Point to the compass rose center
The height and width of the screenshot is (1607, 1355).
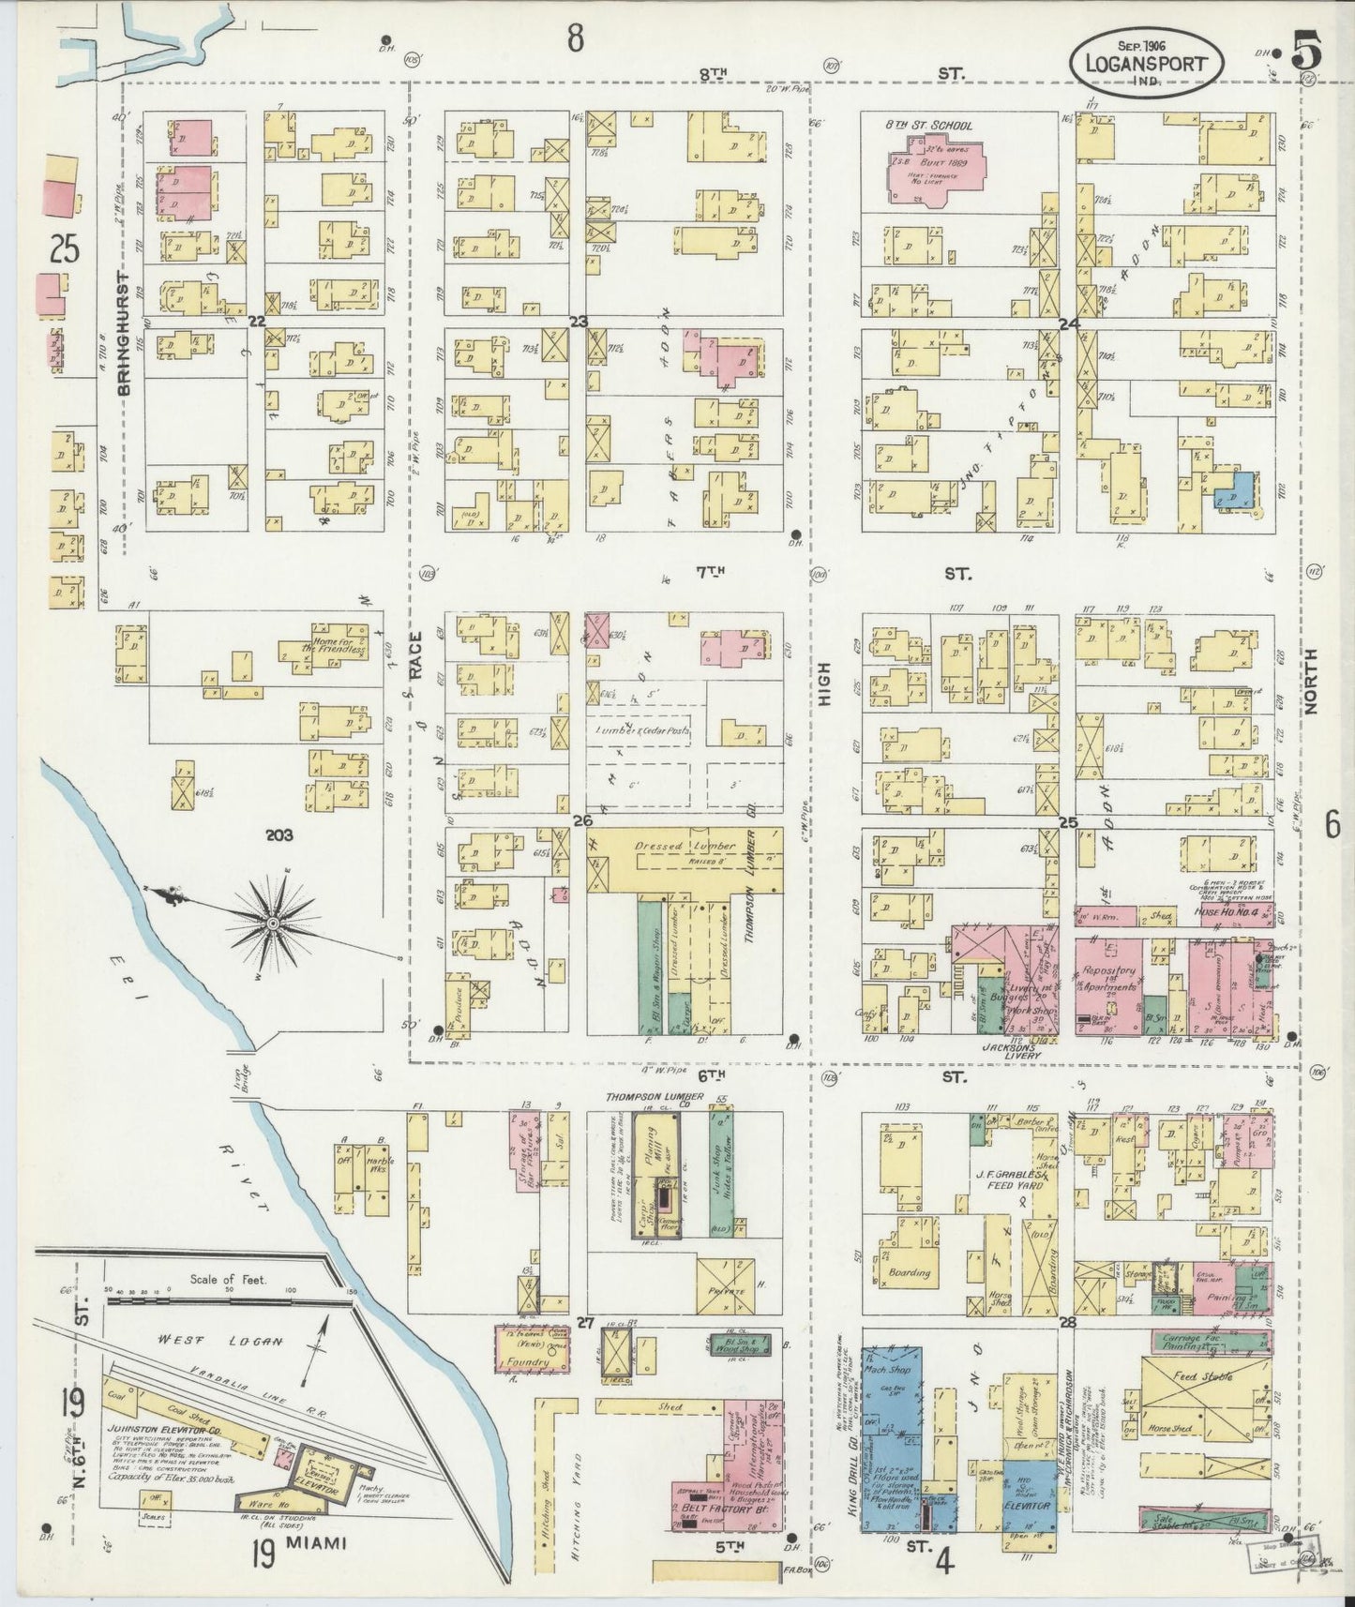coord(272,924)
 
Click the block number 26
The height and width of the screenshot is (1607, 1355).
coord(582,821)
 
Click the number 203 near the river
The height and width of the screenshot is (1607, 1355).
coord(279,834)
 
